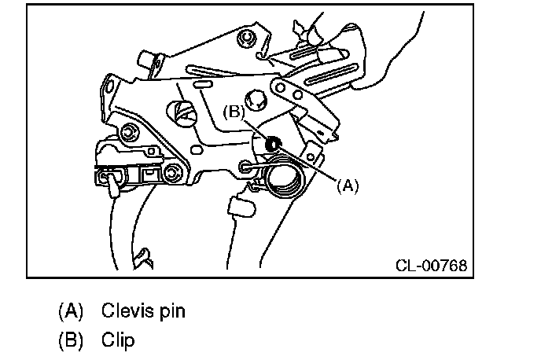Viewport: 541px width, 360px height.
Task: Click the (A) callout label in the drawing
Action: coord(347,186)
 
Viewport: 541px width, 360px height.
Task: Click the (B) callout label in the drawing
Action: coord(234,113)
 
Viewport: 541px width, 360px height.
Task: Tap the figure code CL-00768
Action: coord(430,266)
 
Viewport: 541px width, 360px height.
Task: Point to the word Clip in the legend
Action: coord(118,340)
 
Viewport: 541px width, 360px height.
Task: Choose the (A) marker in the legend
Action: coord(70,310)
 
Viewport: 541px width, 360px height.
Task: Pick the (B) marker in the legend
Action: coord(70,340)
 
